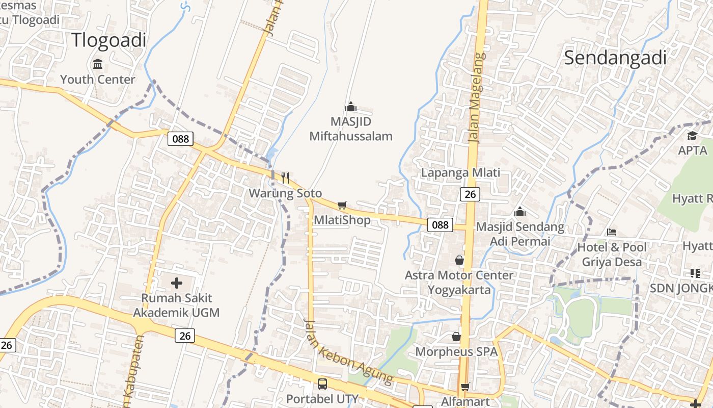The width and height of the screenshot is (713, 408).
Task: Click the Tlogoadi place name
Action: coord(108,40)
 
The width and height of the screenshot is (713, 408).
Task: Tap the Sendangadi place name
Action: coord(615,58)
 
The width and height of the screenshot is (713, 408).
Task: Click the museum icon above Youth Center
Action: coord(98,64)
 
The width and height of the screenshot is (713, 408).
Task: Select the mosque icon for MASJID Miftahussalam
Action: coord(351,107)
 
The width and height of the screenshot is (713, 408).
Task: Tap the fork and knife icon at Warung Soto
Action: coord(285,178)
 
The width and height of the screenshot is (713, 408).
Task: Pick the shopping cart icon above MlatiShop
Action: coord(342,205)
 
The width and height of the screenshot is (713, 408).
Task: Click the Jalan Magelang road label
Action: coord(475,97)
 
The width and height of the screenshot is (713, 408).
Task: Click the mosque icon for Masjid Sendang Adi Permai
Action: coord(520,211)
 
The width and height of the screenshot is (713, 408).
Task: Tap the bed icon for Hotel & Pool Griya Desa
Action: coord(612,232)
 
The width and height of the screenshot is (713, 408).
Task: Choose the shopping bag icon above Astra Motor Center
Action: coord(459,260)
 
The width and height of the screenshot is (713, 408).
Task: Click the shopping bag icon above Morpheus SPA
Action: coord(456,337)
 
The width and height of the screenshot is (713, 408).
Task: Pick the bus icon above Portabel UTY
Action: coord(322,384)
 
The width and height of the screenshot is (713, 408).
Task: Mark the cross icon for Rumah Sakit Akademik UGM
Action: coord(177,283)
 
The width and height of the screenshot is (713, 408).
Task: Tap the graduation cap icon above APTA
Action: coord(692,136)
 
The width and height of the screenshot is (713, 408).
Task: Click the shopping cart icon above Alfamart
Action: coord(465,387)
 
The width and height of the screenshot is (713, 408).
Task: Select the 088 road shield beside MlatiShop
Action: coord(440,224)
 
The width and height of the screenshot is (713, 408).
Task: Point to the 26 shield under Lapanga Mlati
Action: coord(470,194)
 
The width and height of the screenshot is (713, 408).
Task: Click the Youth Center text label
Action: coord(98,80)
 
